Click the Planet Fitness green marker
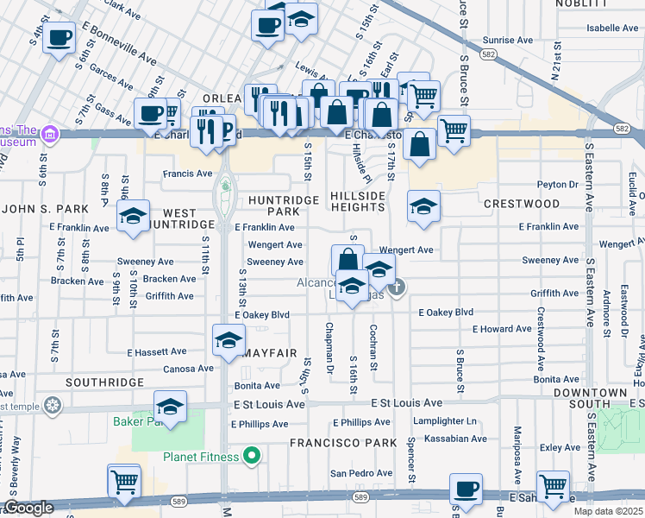pyautogui.click(x=252, y=455)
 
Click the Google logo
pyautogui.click(x=28, y=509)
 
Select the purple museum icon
pyautogui.click(x=50, y=134)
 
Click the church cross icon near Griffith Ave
pyautogui.click(x=396, y=287)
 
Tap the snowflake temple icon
pyautogui.click(x=53, y=405)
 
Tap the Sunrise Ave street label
pyautogui.click(x=508, y=40)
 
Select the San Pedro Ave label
pyautogui.click(x=361, y=473)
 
